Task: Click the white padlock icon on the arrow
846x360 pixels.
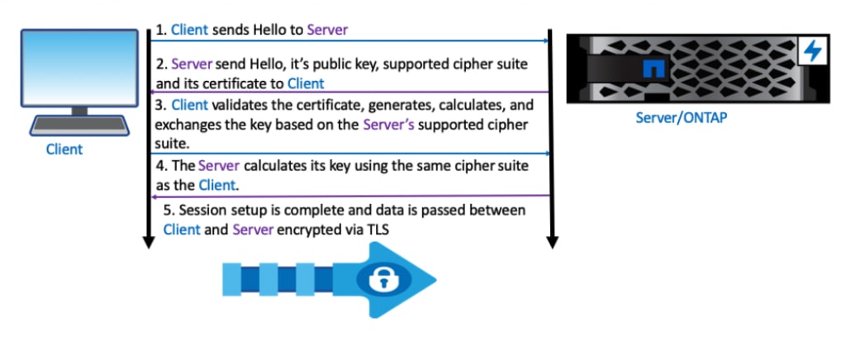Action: pyautogui.click(x=381, y=279)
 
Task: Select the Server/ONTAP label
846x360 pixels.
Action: pyautogui.click(x=681, y=118)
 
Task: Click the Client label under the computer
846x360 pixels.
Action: pyautogui.click(x=64, y=149)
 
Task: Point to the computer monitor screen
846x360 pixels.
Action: pyautogui.click(x=79, y=68)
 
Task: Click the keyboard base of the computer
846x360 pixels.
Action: pyautogui.click(x=79, y=126)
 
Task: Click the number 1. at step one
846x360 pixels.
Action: pyautogui.click(x=161, y=30)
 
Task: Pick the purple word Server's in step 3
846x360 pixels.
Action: pyautogui.click(x=392, y=125)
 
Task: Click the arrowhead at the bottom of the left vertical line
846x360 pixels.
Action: pyautogui.click(x=148, y=242)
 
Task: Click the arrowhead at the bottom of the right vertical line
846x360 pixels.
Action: pyautogui.click(x=552, y=242)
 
